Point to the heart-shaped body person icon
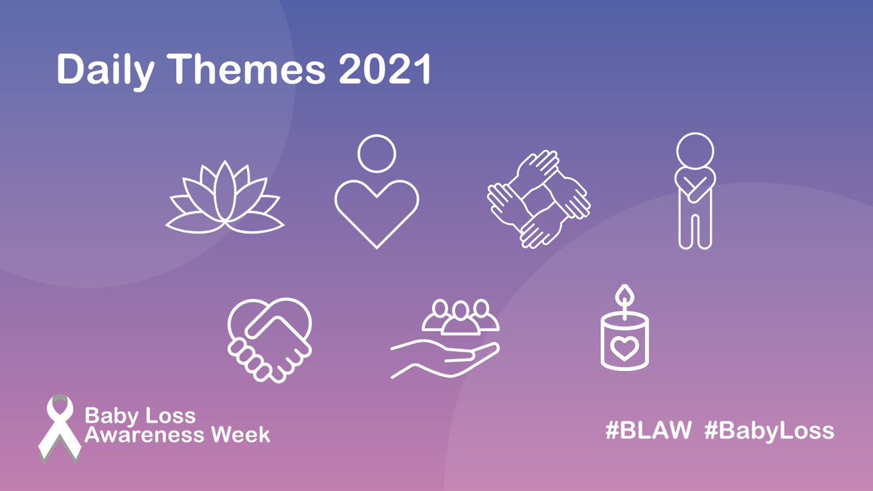377,193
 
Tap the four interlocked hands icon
537,198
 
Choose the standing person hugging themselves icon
694,191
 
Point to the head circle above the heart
377,153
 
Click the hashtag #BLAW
647,431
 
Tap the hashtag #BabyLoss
769,431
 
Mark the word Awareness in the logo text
143,435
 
